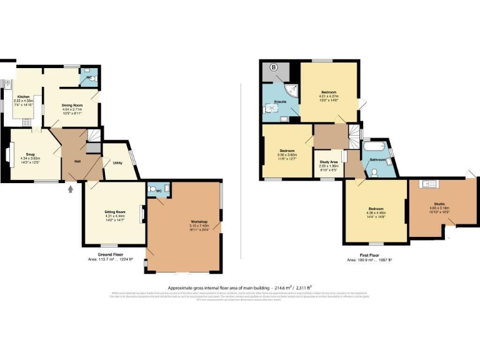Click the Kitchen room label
[24, 97]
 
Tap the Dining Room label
[72, 105]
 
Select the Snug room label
[30, 153]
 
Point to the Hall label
[77, 161]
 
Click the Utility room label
[117, 163]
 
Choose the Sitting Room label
[114, 212]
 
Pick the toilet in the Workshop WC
[153, 189]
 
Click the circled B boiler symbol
[273, 67]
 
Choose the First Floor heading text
[369, 255]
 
